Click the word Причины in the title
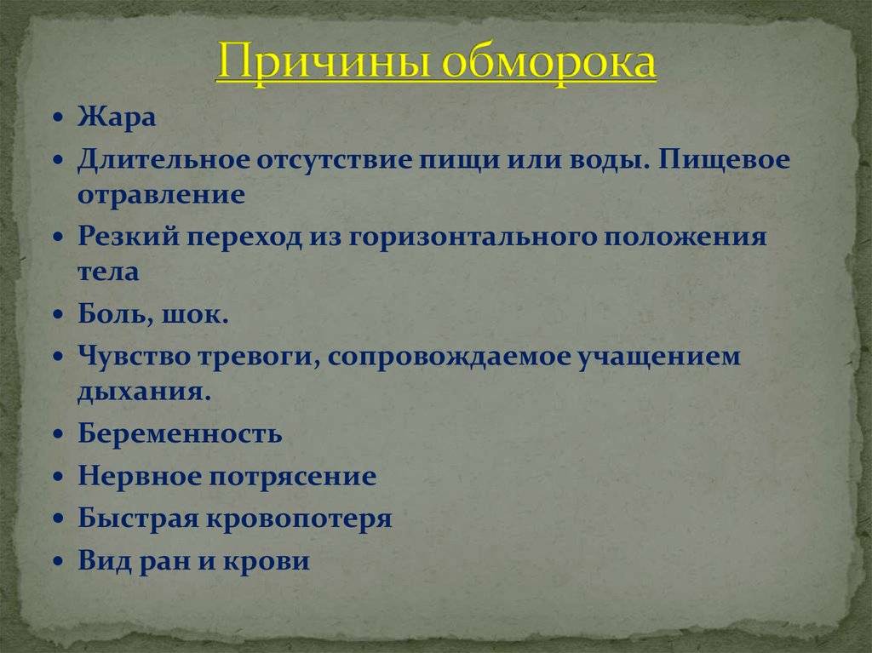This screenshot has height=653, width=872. (324, 62)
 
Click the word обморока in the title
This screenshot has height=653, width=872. (549, 62)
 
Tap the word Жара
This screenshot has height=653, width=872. (117, 117)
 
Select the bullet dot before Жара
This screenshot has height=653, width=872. (58, 118)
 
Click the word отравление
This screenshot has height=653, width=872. (161, 196)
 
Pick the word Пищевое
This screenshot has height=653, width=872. (725, 161)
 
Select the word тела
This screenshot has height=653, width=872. (108, 272)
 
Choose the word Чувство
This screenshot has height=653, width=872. (134, 356)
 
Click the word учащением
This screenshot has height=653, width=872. (660, 357)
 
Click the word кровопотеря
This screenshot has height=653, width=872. (299, 518)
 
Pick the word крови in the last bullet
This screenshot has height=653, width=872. (267, 560)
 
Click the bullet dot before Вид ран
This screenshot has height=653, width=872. (58, 561)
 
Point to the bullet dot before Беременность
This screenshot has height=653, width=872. (58, 434)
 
